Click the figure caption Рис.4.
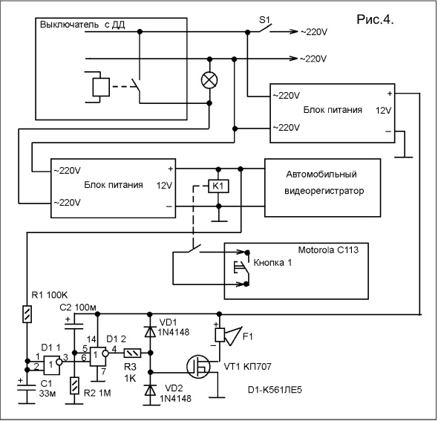[375, 19]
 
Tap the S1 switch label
[264, 19]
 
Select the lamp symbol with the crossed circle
[209, 80]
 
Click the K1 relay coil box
[218, 186]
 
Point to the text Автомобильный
[321, 174]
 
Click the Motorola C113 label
[328, 249]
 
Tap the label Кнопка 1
[272, 263]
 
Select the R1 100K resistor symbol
[27, 314]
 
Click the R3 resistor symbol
[132, 353]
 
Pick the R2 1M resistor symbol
[74, 385]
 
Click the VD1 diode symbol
[150, 332]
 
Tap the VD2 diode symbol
[150, 390]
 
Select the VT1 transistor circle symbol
[198, 367]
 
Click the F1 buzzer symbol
[227, 335]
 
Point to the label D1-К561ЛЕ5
[275, 390]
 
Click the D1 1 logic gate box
[52, 365]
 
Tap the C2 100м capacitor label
[78, 307]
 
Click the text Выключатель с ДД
[82, 25]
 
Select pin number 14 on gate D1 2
[91, 339]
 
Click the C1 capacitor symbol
[27, 388]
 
